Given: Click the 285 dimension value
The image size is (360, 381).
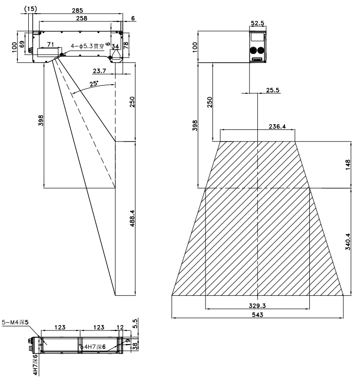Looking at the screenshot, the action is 77,10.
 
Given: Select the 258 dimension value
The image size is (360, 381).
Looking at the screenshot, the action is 82,18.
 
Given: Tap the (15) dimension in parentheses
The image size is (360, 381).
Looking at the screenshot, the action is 31,9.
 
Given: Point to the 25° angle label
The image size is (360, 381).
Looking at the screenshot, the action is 94,84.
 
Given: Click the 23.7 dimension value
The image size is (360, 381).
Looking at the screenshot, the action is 99,71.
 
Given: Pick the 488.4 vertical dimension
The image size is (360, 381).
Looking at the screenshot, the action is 133,218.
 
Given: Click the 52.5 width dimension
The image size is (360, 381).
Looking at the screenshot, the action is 258,23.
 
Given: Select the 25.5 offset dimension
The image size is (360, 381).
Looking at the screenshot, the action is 273,90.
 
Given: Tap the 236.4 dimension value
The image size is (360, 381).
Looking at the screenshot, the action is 277,127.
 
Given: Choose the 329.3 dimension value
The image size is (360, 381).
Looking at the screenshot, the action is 257,306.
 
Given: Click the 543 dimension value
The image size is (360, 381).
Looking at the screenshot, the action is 258,315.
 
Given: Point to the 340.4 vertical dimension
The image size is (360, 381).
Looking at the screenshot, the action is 348,241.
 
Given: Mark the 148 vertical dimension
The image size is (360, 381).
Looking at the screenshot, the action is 348,165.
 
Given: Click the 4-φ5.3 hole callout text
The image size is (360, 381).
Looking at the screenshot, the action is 88,46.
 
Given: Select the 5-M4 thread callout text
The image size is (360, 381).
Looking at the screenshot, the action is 15,322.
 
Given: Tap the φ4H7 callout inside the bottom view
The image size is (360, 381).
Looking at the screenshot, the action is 93,347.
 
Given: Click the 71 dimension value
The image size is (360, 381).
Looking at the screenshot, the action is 50,44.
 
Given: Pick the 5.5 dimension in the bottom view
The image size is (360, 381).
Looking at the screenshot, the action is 135,324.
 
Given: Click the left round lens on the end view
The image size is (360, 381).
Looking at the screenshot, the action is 253,50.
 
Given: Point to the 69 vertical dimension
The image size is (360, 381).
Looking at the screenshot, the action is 22,44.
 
